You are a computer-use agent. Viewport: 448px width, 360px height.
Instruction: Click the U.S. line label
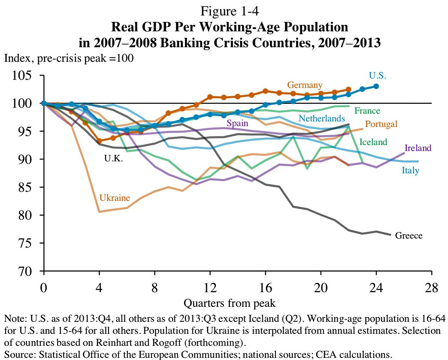pos(378,76)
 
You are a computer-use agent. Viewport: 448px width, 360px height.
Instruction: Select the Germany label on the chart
pos(305,85)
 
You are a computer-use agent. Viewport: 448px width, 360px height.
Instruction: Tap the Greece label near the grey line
pos(409,236)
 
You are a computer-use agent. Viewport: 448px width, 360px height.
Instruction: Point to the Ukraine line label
pos(115,198)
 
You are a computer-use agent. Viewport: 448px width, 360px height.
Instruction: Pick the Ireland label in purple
pos(418,148)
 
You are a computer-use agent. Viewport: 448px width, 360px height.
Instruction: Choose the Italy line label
pos(410,171)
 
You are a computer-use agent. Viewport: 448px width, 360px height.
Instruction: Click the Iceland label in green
pos(373,142)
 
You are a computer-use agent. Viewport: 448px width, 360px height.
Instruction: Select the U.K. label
pos(114,159)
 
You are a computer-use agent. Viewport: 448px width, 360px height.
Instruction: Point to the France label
pos(367,111)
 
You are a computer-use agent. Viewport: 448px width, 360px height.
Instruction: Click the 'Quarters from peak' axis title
pos(229,303)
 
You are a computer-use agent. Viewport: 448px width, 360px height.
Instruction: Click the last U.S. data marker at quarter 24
pos(376,86)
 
